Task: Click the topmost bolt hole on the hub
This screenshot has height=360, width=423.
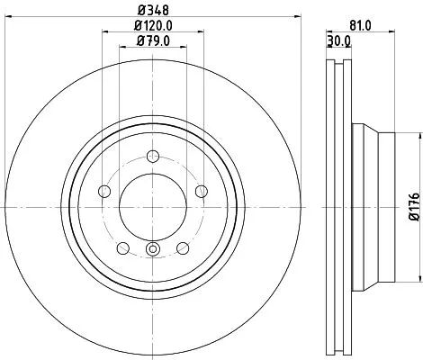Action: [x=152, y=155]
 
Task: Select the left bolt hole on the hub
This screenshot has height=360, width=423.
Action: [x=103, y=191]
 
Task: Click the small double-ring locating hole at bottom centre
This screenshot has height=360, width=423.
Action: [x=152, y=251]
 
